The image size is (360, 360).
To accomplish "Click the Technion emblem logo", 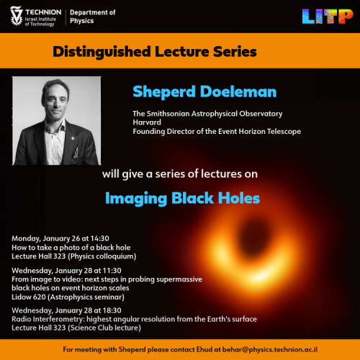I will [16, 16].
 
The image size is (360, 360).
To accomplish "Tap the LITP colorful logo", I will [328, 16].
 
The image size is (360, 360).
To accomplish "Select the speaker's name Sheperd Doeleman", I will [194, 92].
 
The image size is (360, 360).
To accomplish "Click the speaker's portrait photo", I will [55, 122].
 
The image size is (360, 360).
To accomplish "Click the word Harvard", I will [147, 122].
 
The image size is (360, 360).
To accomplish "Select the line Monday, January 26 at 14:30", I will [60, 238].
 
